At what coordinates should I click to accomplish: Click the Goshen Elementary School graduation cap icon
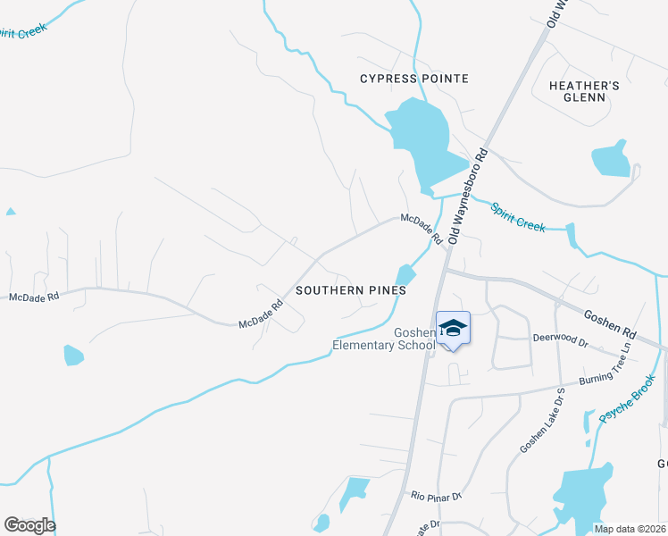tap(454, 329)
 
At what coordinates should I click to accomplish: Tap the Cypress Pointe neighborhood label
tap(413, 79)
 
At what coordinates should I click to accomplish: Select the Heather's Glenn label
tap(584, 91)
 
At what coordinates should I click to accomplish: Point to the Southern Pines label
tap(351, 290)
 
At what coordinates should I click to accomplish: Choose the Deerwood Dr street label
tap(560, 341)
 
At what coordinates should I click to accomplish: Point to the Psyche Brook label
tap(627, 399)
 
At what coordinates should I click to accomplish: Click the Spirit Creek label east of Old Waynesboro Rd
tap(518, 216)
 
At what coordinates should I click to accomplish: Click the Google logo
tap(29, 525)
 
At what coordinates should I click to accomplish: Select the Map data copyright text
tap(629, 529)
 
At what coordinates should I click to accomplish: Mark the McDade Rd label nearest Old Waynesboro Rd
tap(422, 229)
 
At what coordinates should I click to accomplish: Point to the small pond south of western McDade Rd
tap(73, 356)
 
